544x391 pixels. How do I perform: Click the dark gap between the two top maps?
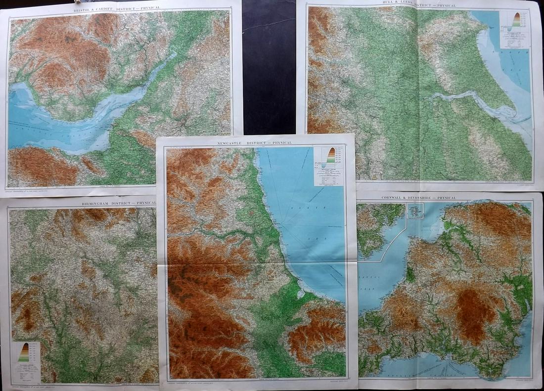click(270, 64)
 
